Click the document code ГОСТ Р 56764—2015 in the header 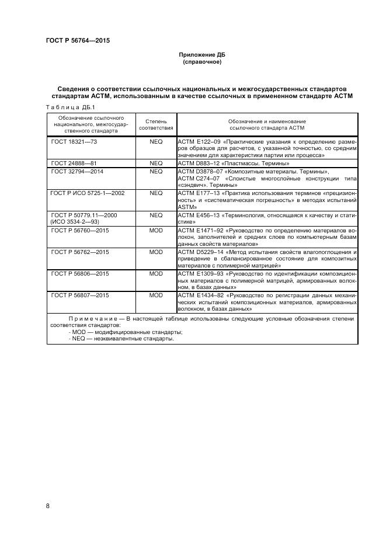point(78,40)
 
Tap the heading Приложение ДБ point(201,55)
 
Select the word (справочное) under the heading point(201,62)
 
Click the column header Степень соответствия point(155,124)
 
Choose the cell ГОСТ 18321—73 point(74,141)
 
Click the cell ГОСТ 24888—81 point(74,164)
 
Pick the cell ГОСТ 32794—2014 point(78,172)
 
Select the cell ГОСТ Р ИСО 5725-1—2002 point(88,193)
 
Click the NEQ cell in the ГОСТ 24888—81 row point(156,164)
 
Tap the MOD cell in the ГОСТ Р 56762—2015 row point(156,252)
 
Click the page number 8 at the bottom point(48,505)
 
